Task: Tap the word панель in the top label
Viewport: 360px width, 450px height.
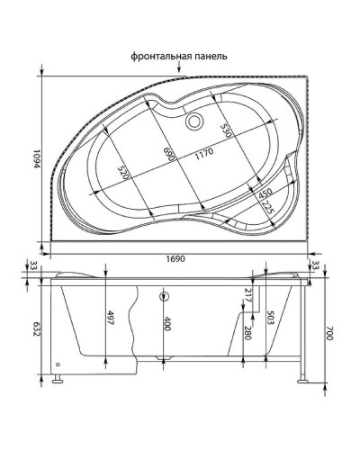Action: (x=211, y=55)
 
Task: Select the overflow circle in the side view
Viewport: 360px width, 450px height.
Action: (x=164, y=296)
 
